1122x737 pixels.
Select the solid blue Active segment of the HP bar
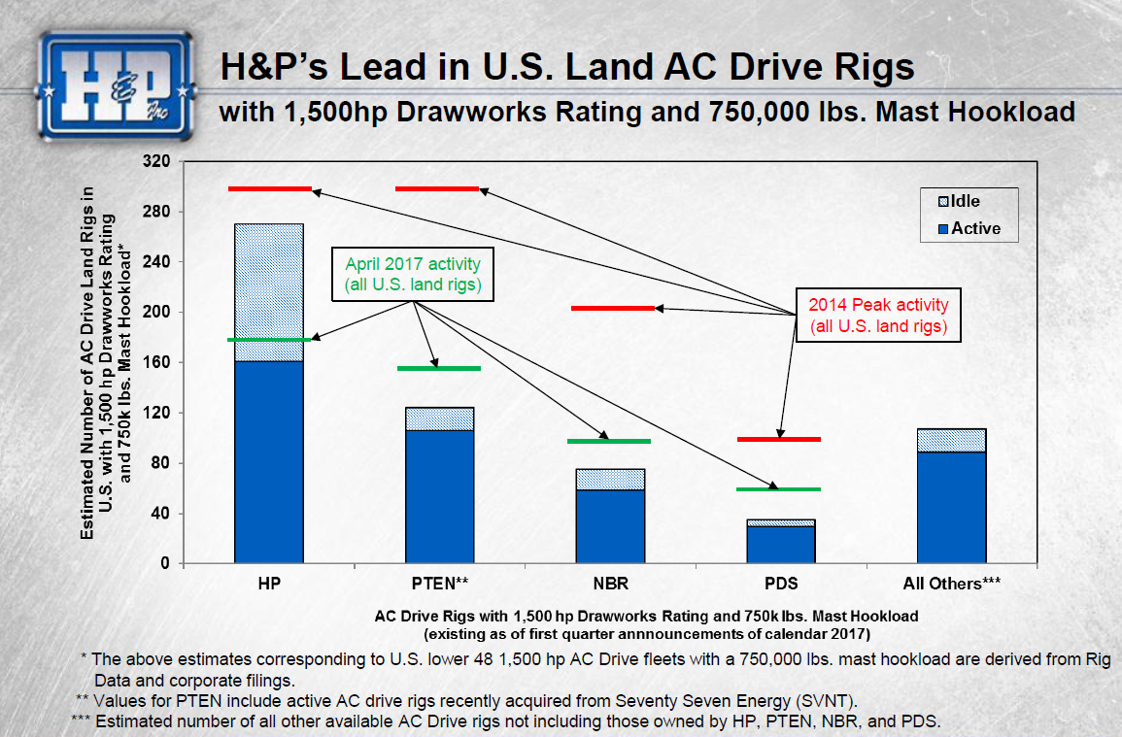269,461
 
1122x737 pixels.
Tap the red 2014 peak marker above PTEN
437,188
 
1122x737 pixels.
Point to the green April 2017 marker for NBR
609,441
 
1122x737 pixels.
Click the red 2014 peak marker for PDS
779,439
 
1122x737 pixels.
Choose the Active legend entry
963,229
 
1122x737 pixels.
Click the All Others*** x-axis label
951,585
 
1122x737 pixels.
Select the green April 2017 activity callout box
413,275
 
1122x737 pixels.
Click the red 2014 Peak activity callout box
878,314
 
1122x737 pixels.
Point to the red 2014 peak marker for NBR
612,308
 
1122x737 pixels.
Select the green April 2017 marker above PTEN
439,368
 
